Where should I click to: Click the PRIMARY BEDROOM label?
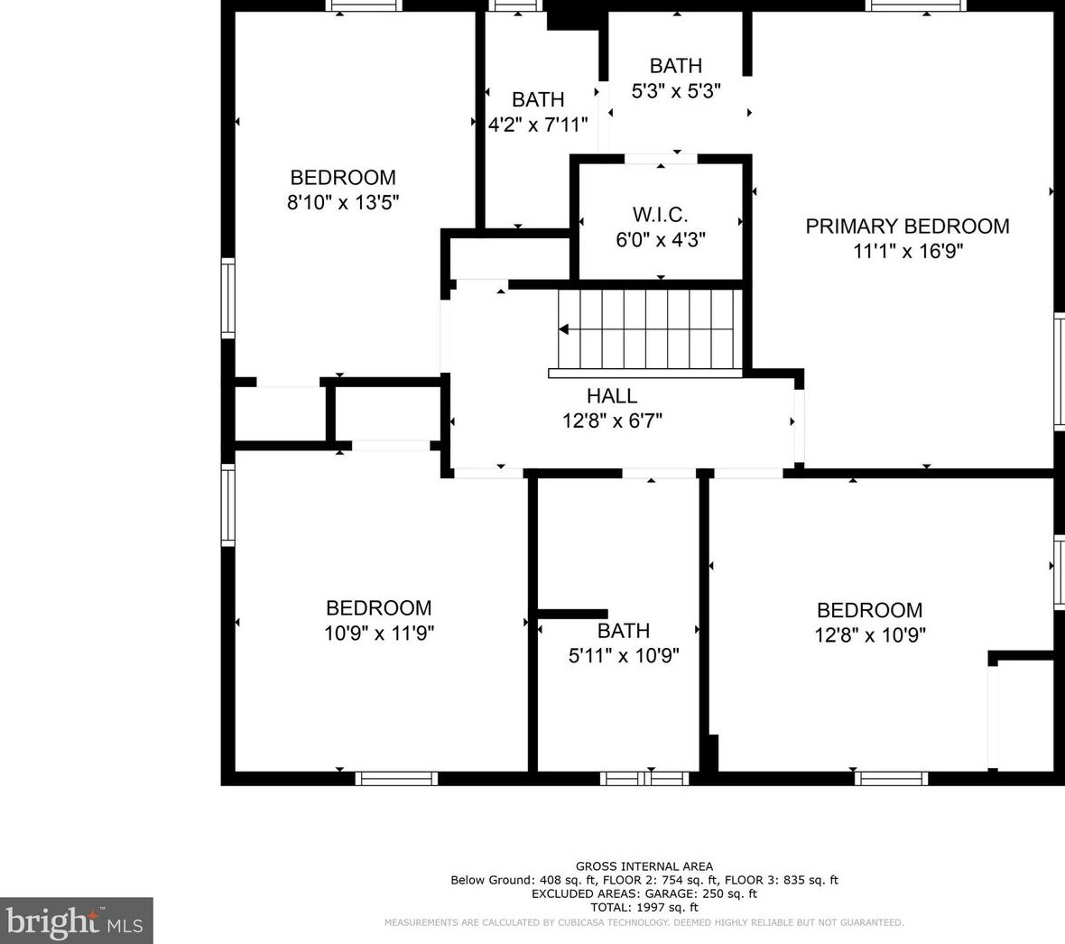click(x=907, y=227)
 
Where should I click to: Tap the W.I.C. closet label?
click(x=660, y=215)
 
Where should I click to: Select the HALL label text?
click(x=612, y=396)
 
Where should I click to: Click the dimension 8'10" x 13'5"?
click(x=343, y=202)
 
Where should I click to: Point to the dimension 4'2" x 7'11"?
click(x=538, y=125)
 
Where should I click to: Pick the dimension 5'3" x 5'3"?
click(x=676, y=91)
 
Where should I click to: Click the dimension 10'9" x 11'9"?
click(x=379, y=633)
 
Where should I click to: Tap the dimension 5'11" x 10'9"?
click(x=624, y=656)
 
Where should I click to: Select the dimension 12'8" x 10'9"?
click(x=870, y=635)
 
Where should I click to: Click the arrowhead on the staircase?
click(x=564, y=329)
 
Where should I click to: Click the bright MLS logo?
click(x=76, y=921)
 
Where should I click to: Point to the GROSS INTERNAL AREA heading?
click(x=644, y=866)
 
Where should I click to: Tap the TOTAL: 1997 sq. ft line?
click(x=644, y=907)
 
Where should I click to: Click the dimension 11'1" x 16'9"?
click(x=908, y=251)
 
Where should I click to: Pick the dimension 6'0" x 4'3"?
click(x=661, y=240)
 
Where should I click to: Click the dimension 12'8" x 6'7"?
click(x=612, y=421)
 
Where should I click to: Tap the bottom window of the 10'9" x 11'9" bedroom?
click(x=396, y=778)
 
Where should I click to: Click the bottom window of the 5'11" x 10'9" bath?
click(x=644, y=778)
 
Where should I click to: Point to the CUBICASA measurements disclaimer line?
click(x=644, y=922)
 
